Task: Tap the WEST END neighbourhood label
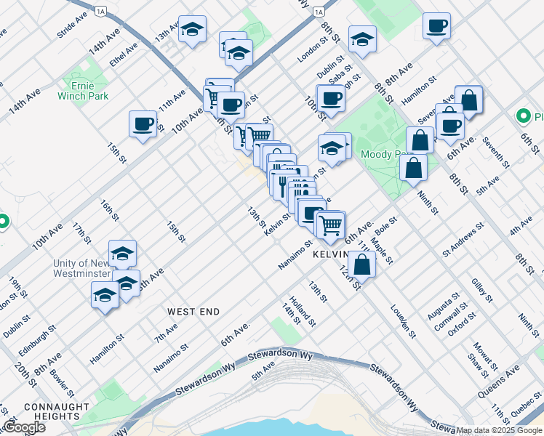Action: [193, 312]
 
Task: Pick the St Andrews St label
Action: [463, 241]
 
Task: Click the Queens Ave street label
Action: [503, 379]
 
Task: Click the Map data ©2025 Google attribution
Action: [499, 430]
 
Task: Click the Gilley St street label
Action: [482, 289]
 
